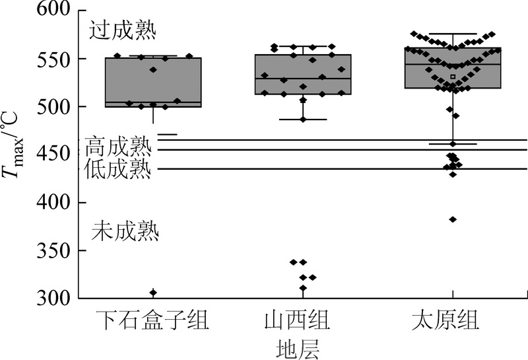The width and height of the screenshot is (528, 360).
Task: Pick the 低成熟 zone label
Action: click(118, 169)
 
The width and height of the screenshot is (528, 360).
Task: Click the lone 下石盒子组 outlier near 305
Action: click(153, 293)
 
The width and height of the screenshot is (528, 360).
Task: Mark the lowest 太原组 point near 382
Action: click(453, 219)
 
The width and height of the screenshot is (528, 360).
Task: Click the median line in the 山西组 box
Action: click(303, 79)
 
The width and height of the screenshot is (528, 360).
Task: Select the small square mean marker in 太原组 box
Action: click(453, 77)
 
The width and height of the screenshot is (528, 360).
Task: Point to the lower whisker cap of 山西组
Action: click(303, 120)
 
